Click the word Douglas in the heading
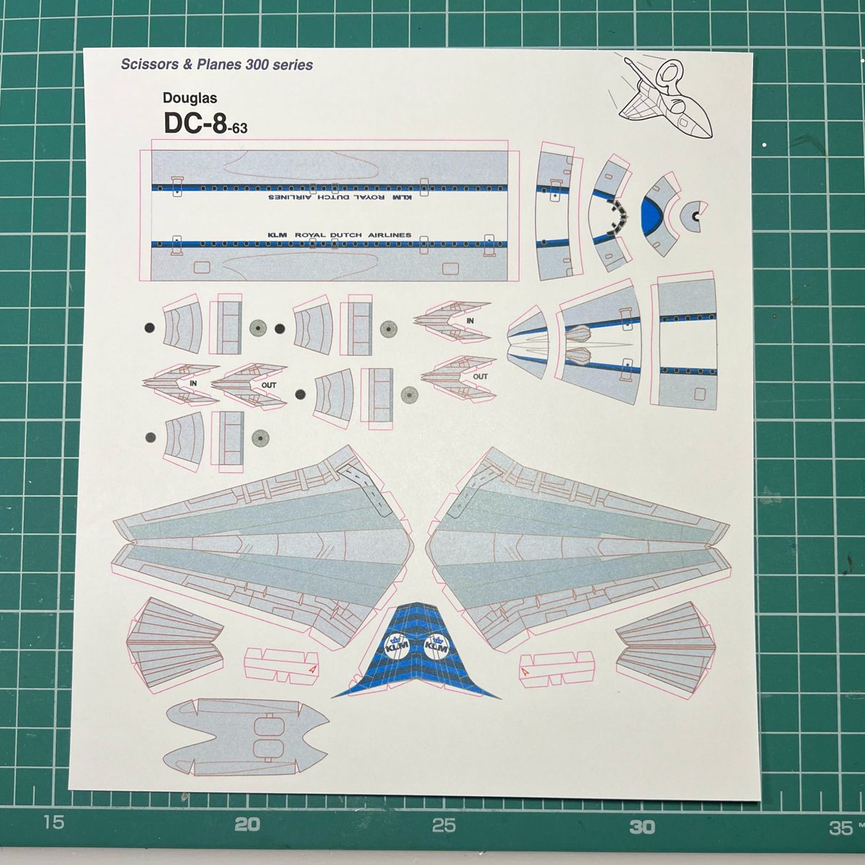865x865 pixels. click(185, 97)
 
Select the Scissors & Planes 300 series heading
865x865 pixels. click(216, 65)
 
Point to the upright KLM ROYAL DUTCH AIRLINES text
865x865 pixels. click(339, 235)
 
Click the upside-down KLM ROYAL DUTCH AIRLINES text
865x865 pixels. click(339, 196)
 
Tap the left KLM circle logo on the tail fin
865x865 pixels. click(395, 647)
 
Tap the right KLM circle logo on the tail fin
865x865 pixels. click(438, 647)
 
